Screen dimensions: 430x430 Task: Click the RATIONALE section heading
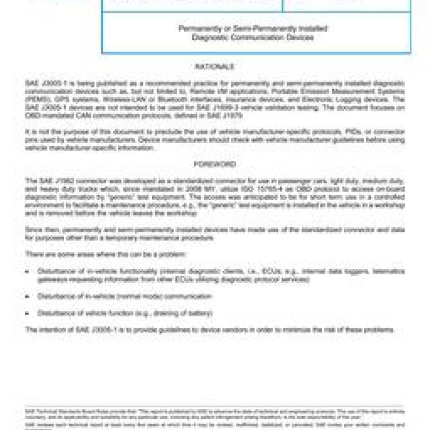(x=215, y=67)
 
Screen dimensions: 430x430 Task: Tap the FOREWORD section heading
(x=215, y=164)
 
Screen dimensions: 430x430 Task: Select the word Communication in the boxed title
(x=252, y=38)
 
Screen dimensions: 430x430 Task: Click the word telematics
(x=389, y=271)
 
